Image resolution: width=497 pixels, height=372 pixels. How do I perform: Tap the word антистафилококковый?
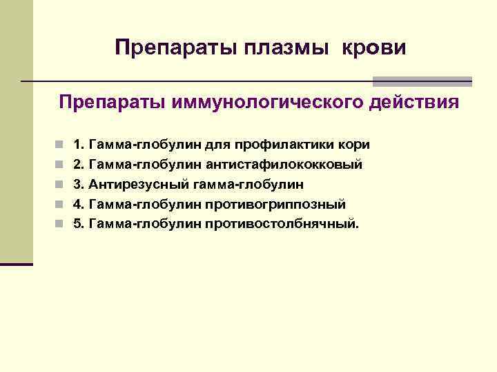(x=284, y=165)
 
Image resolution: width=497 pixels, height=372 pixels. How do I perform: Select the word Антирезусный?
(x=131, y=185)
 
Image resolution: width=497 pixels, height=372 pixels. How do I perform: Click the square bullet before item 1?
(x=61, y=145)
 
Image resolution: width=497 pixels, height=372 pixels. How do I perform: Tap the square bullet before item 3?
(x=61, y=185)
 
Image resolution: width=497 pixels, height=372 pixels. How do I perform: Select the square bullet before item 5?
(x=61, y=224)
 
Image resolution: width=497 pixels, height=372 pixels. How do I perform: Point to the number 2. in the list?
(x=79, y=165)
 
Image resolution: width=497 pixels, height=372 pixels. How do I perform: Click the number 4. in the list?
(x=79, y=205)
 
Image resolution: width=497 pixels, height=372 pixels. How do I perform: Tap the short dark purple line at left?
(x=17, y=264)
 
